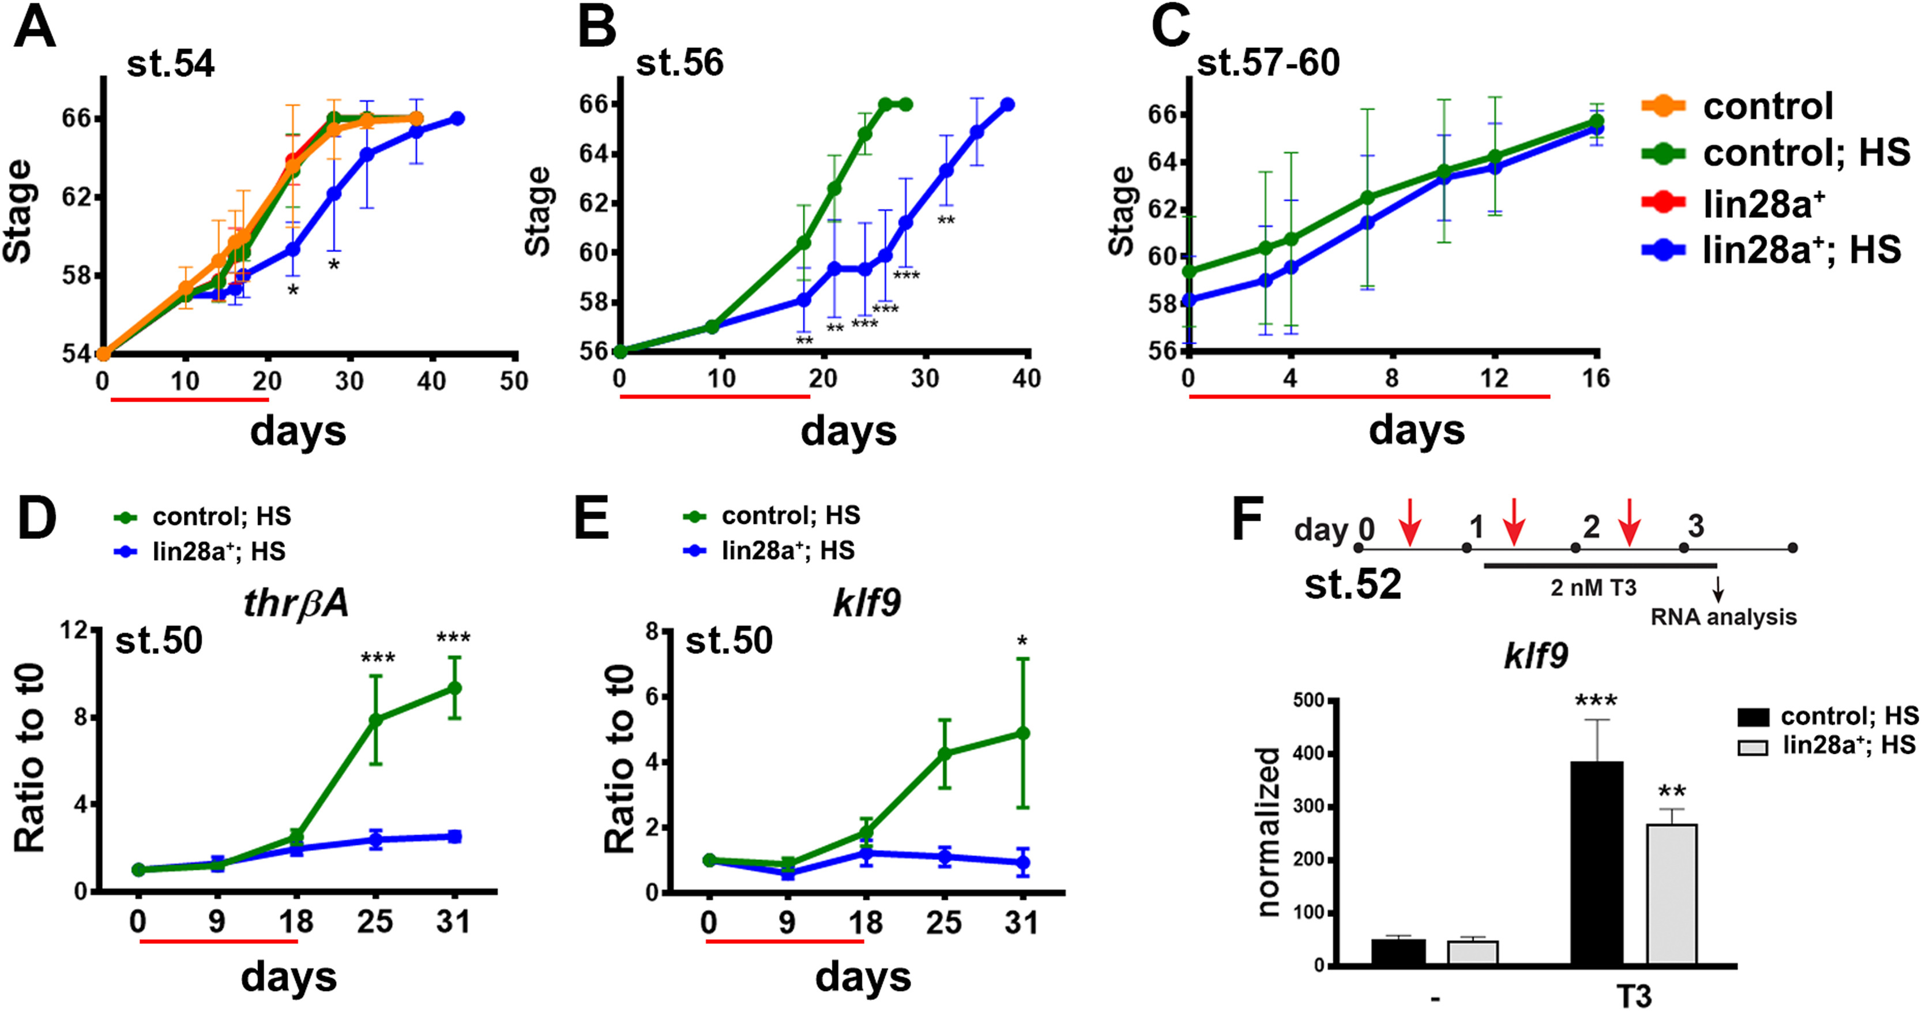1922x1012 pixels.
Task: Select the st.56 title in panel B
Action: click(679, 63)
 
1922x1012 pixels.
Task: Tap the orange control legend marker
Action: click(1663, 107)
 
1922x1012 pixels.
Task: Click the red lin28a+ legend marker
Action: click(1663, 203)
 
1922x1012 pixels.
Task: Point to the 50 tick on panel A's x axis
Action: click(513, 381)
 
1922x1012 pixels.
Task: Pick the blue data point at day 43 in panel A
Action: click(457, 119)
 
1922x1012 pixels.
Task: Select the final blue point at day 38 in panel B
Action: click(1007, 104)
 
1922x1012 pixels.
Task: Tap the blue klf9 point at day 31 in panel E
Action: click(1022, 863)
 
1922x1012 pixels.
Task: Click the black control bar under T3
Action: click(1597, 864)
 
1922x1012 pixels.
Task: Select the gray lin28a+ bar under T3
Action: click(1672, 895)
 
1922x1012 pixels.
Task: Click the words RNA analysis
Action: click(1724, 617)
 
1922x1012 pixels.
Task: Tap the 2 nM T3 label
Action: click(1593, 588)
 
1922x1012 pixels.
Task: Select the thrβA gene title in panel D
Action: click(296, 603)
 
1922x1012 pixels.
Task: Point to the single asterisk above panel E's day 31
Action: click(1022, 640)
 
